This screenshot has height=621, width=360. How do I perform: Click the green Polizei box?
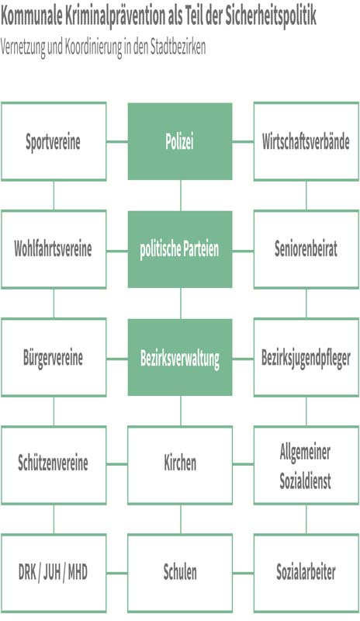180,141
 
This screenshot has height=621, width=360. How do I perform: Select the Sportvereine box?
54,141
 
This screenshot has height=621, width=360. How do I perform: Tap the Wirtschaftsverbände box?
306,141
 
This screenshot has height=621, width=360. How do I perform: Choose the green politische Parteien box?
180,249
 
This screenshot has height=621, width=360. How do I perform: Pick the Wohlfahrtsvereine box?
54,249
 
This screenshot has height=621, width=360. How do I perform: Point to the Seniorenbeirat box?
306,249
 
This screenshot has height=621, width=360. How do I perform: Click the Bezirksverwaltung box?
180,357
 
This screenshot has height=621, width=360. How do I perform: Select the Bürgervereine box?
54,357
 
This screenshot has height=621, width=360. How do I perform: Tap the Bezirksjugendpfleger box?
306,357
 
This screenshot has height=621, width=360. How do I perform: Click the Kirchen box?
180,465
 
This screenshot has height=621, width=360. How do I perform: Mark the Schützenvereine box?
54,465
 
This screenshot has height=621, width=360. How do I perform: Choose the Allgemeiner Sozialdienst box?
306,465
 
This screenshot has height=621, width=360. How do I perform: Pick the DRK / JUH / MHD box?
54,573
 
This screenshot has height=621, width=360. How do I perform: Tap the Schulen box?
180,573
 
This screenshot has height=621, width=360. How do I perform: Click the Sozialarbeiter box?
306,573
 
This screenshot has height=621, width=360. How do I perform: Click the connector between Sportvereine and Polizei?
117,141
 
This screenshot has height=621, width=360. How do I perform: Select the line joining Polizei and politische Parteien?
181,196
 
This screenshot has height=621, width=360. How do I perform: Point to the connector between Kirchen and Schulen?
181,519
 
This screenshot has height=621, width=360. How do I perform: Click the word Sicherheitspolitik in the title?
271,16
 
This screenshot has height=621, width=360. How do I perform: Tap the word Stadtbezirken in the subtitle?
178,47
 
